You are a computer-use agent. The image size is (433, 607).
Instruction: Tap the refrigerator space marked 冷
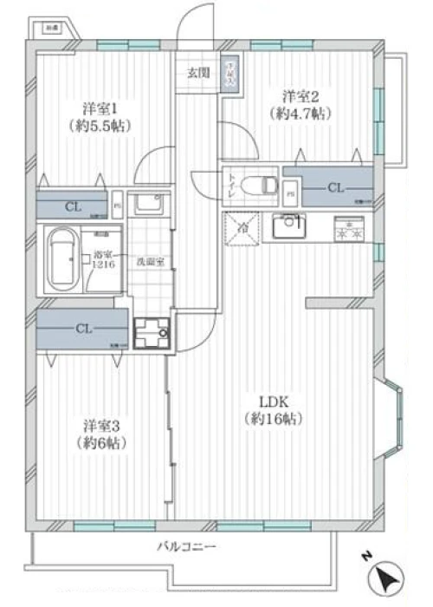pos(241,228)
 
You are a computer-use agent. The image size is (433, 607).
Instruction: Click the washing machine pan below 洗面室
pos(151,331)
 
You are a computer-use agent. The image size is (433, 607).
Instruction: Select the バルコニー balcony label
pos(186,547)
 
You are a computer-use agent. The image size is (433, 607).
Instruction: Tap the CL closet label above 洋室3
pos(84,329)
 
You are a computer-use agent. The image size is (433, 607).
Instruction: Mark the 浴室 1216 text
pos(105,260)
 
